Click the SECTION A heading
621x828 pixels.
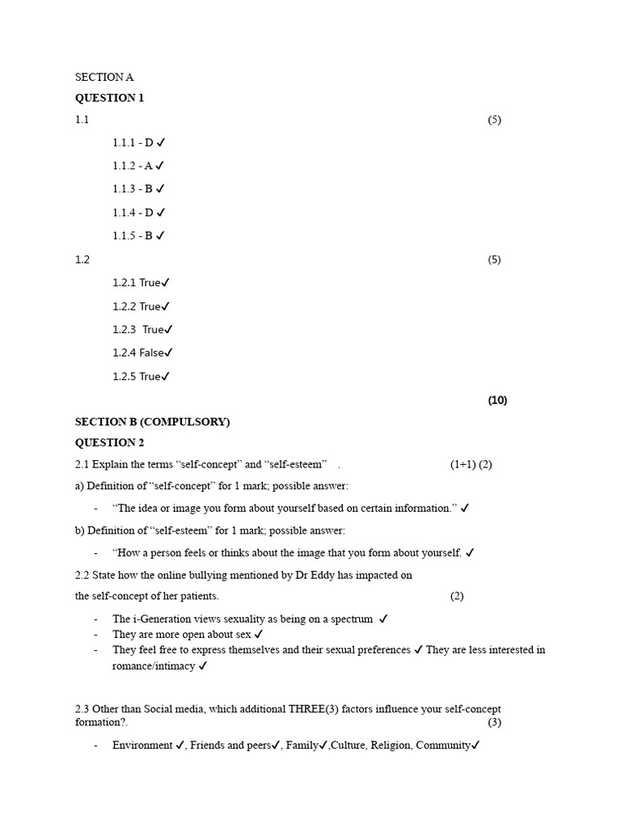tap(104, 78)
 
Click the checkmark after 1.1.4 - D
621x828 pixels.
tap(161, 213)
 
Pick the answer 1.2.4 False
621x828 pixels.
tap(142, 353)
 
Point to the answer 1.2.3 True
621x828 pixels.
tap(142, 329)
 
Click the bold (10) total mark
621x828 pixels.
tap(497, 400)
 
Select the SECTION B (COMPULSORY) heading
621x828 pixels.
tap(153, 422)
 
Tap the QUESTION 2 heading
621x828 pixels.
tap(110, 442)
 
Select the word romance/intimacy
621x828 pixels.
tap(154, 666)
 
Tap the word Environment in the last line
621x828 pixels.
tap(142, 745)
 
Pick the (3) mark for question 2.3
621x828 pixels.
tap(494, 722)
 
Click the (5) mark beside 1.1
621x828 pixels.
tap(494, 120)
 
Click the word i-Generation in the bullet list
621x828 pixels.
tap(165, 619)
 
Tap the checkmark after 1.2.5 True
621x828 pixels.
tap(166, 377)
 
